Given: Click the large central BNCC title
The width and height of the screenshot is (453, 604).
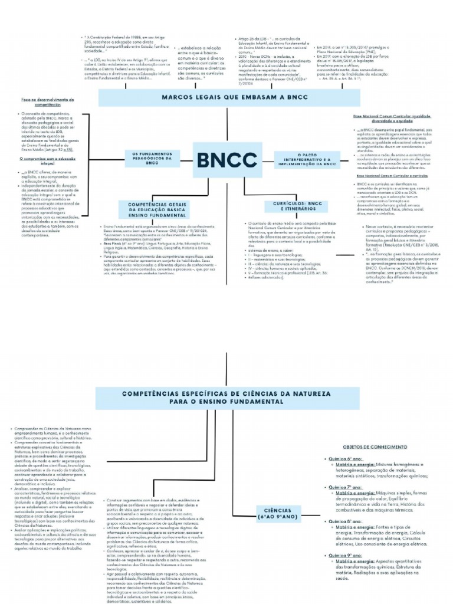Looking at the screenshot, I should [226, 159].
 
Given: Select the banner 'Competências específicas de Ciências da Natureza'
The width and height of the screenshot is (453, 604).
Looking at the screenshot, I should [226, 396].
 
